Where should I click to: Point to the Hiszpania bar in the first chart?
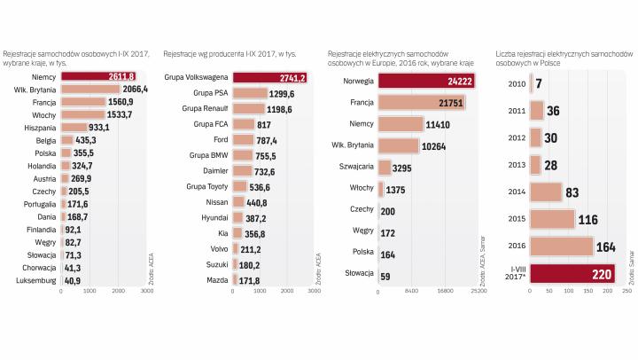(74, 128)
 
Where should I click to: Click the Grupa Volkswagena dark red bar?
(269, 77)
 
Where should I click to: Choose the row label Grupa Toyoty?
(206, 186)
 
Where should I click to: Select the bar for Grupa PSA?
(249, 93)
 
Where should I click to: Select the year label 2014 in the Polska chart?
(514, 191)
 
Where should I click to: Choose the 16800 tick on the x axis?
(445, 291)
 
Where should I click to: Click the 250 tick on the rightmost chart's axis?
(627, 291)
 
